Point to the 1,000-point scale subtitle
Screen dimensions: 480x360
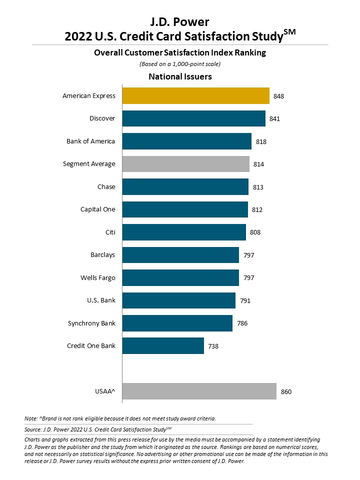[x=180, y=62]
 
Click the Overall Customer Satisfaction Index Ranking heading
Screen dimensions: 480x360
[x=180, y=50]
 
